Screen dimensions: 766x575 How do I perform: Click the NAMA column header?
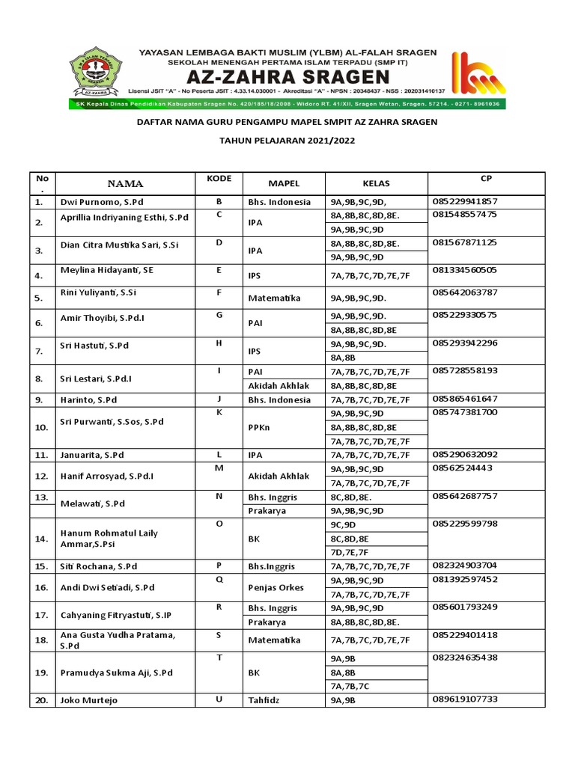125,183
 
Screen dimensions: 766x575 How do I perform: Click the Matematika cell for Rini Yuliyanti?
273,298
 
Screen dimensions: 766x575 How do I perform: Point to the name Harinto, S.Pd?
88,400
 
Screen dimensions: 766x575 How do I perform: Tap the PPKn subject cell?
260,427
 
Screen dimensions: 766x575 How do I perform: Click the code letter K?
219,412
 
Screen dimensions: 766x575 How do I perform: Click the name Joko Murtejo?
89,701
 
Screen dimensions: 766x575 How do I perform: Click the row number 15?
40,566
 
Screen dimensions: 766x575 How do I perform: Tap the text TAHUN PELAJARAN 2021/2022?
287,141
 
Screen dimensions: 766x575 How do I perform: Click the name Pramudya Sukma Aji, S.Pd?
116,672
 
